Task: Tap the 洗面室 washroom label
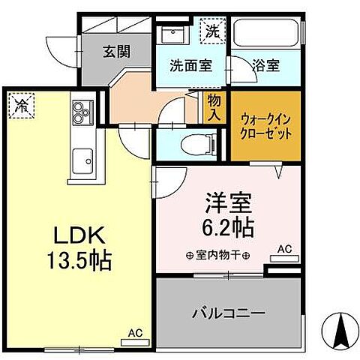(190, 64)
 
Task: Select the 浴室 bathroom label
(266, 64)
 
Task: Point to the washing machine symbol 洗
(212, 32)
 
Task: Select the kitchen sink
(81, 160)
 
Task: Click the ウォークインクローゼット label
(266, 124)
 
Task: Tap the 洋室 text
(229, 204)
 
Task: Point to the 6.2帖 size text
(229, 226)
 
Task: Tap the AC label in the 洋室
(285, 248)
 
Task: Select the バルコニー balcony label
(229, 311)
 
